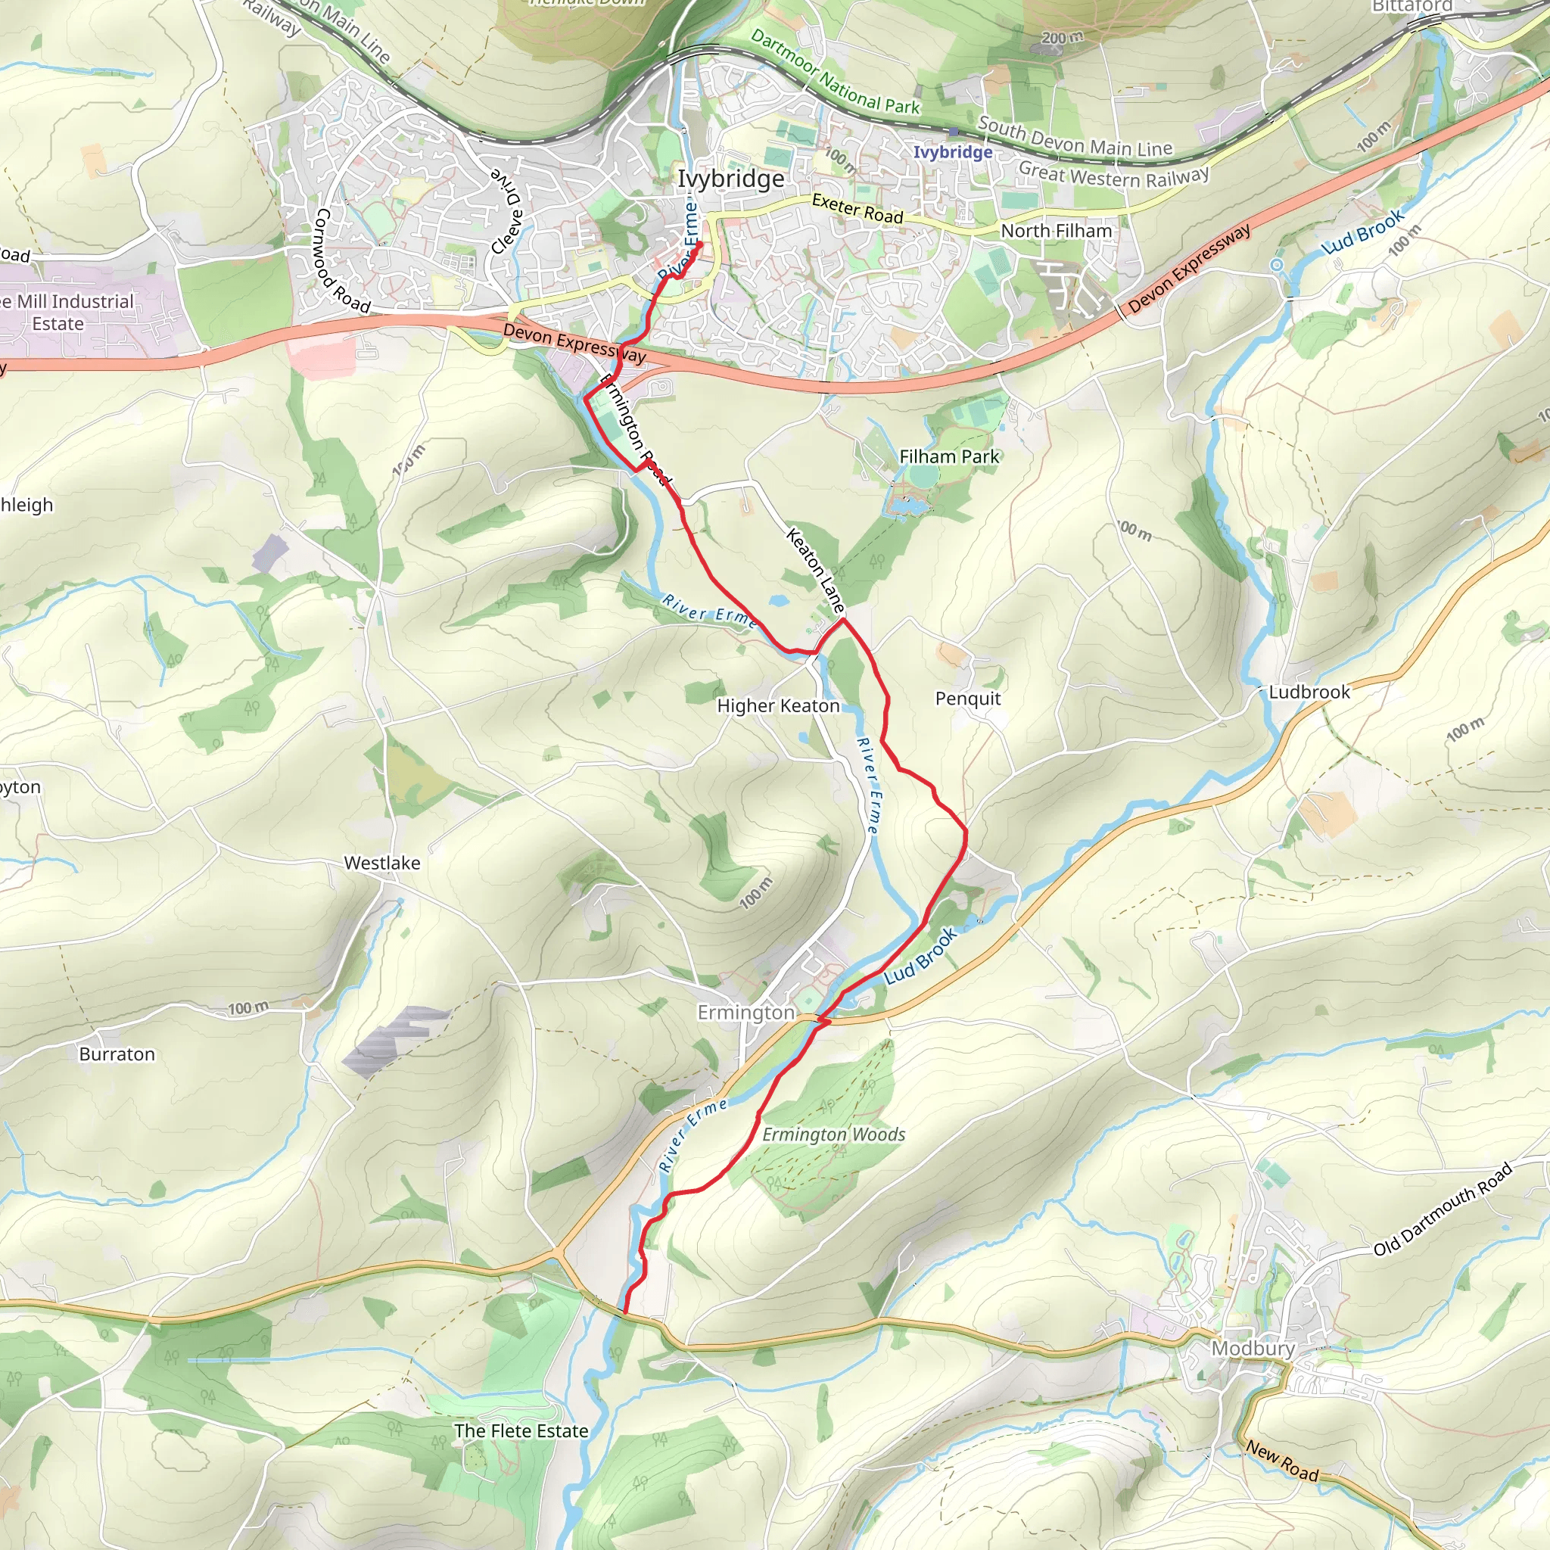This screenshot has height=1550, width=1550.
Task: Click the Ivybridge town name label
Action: [x=731, y=178]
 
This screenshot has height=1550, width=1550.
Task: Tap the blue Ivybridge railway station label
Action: [x=953, y=152]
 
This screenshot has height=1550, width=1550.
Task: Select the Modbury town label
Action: [x=1253, y=1348]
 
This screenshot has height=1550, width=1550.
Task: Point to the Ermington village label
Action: [x=745, y=1013]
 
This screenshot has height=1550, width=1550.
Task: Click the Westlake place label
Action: [x=382, y=864]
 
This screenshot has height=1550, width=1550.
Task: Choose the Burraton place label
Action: [x=117, y=1054]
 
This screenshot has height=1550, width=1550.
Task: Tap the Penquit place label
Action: [x=967, y=699]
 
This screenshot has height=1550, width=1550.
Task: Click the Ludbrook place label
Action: [x=1309, y=693]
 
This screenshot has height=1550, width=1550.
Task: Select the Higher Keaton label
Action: [x=778, y=706]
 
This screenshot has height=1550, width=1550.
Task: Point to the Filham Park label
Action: [x=949, y=456]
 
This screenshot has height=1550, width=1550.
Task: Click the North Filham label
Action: [x=1056, y=231]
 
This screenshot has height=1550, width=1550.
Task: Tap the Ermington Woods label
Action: [x=833, y=1134]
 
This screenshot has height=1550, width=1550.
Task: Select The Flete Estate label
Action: [x=521, y=1431]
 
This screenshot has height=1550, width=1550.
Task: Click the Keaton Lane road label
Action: [x=815, y=571]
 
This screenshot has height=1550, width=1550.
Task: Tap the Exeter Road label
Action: [x=857, y=209]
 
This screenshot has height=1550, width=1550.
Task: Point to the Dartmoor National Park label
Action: [x=836, y=72]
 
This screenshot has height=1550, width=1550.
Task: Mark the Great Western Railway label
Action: [x=1113, y=175]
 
